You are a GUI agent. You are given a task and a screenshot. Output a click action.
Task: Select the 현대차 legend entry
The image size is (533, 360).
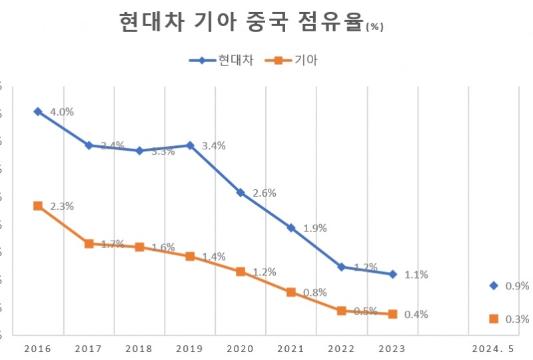pos(221,60)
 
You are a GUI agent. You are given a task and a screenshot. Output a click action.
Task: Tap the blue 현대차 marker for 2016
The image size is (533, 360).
pos(38,111)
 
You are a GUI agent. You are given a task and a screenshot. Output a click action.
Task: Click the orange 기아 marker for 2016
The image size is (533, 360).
pos(38,206)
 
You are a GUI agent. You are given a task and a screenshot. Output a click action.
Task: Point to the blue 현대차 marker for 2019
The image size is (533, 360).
pos(190,145)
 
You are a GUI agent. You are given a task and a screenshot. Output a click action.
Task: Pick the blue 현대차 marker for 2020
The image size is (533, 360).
pos(241,193)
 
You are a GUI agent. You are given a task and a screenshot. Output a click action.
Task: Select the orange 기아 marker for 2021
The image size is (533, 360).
pos(291,292)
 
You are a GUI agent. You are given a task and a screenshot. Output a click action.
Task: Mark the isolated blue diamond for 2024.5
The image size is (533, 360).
pos(494,285)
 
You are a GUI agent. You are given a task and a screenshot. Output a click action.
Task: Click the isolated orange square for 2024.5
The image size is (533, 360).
pos(494,319)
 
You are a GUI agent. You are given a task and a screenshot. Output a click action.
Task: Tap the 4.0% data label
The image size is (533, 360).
pos(62,112)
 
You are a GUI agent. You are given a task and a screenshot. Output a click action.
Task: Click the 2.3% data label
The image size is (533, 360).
pos(62,207)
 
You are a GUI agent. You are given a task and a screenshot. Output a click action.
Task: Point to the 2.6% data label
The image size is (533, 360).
pos(265,193)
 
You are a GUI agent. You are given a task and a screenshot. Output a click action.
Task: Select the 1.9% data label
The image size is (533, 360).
pos(315,228)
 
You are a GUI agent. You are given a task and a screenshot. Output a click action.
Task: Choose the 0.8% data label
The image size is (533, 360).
pos(315,293)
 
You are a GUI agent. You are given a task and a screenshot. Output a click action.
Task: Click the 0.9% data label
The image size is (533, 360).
pos(518,286)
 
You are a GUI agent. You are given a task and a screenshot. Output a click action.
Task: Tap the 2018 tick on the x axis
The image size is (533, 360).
pos(139,349)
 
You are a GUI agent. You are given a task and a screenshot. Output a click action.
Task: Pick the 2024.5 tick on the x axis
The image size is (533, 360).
pos(493,349)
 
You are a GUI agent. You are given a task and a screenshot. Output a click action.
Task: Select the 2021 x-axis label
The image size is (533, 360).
pos(291,349)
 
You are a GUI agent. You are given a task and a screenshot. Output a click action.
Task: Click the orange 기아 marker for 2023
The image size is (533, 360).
pos(392,314)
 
